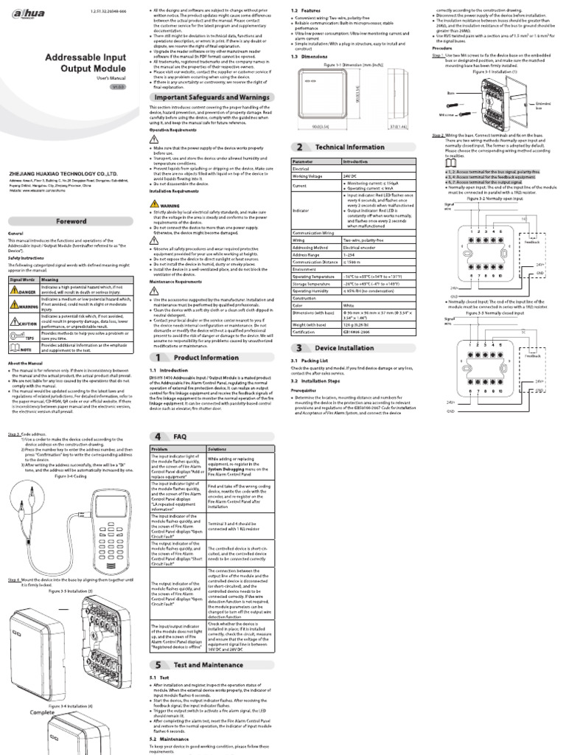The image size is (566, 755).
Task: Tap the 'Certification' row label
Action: (310, 332)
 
